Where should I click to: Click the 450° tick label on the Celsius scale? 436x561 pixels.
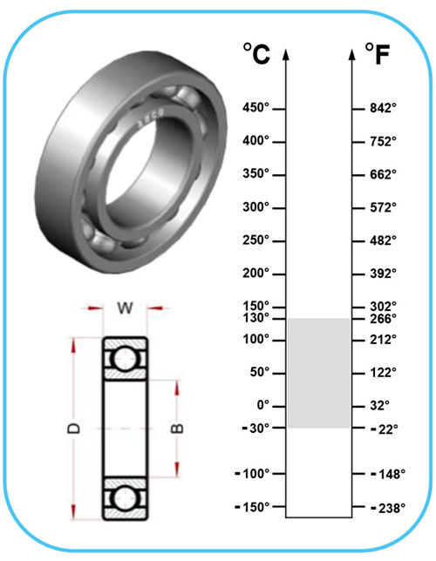click(255, 107)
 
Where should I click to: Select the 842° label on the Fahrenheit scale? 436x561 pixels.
click(384, 108)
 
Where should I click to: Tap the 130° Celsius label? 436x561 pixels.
click(255, 317)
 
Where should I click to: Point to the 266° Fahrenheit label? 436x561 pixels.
click(384, 318)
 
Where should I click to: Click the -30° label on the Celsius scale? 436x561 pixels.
click(255, 428)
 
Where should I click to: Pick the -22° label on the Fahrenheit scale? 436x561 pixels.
click(385, 429)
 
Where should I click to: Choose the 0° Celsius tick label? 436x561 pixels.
click(263, 405)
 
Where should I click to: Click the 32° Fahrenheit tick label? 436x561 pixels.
click(379, 406)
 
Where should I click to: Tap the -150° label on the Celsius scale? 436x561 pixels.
click(252, 507)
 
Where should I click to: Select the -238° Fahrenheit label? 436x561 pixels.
click(388, 508)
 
